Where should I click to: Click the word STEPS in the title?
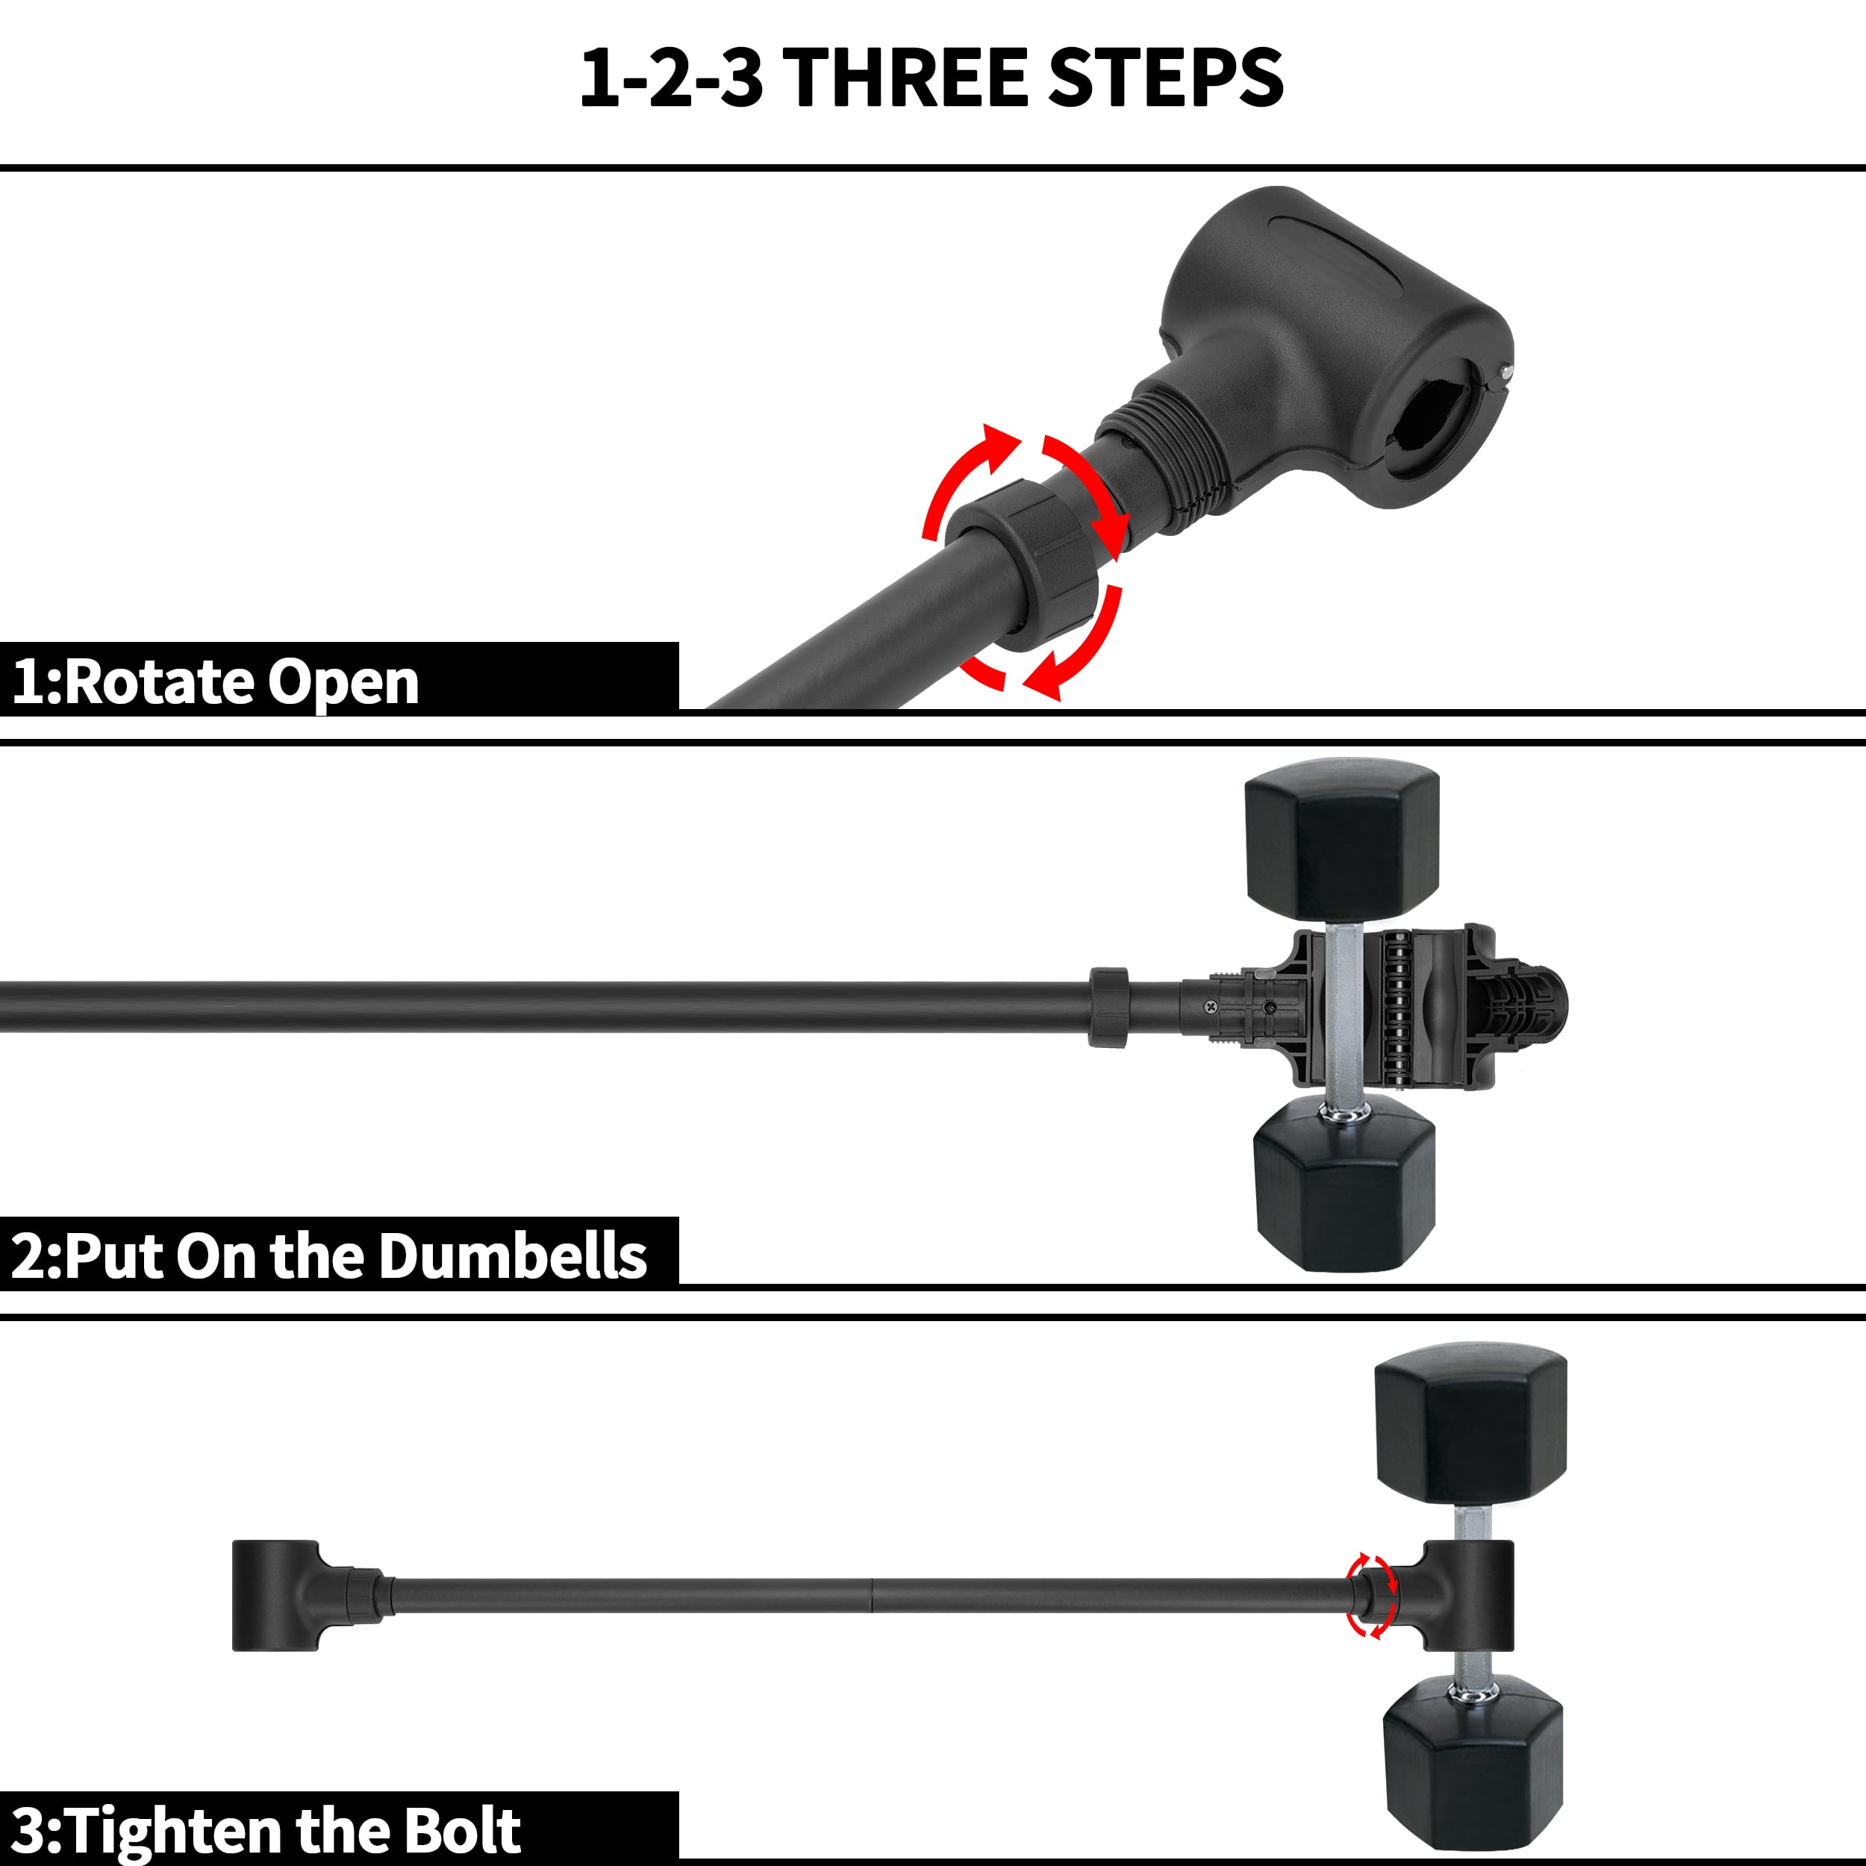[x=1166, y=78]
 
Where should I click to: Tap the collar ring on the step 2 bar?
[x=1109, y=1008]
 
